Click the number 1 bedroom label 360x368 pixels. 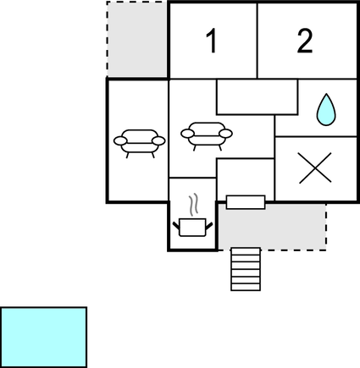pos(212,41)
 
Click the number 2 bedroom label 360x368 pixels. pos(305,41)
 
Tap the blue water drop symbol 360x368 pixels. pos(326,109)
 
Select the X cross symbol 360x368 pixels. pos(314,168)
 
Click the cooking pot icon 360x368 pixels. pos(192,228)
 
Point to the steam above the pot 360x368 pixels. pos(193,205)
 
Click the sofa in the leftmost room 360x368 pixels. pos(140,143)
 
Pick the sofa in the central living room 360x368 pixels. pos(207,136)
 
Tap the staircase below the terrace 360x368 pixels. pos(246,269)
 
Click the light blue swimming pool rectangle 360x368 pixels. pos(43,338)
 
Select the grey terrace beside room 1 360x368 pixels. pos(137,39)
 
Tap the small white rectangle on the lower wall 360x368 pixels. pos(246,202)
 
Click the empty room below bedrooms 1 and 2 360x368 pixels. pos(257,97)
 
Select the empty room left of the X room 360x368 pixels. pos(246,179)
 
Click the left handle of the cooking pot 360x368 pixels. pos(176,226)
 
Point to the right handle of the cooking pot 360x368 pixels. pos(209,226)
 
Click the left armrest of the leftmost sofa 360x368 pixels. pos(120,140)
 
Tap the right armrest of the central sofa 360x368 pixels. pos(226,134)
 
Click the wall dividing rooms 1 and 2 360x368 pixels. pos(258,41)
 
